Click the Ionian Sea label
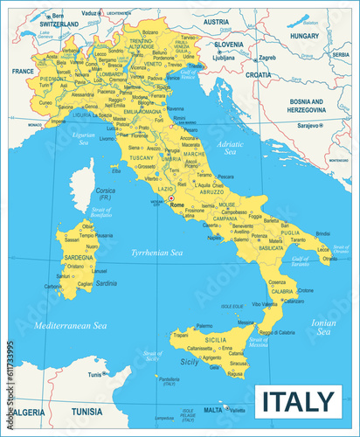coord(323,328)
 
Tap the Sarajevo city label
coord(306,126)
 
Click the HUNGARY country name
coord(305,36)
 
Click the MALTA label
coord(212,409)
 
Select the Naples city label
coord(214,237)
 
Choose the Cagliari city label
coord(85,284)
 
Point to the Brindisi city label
coord(322,233)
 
